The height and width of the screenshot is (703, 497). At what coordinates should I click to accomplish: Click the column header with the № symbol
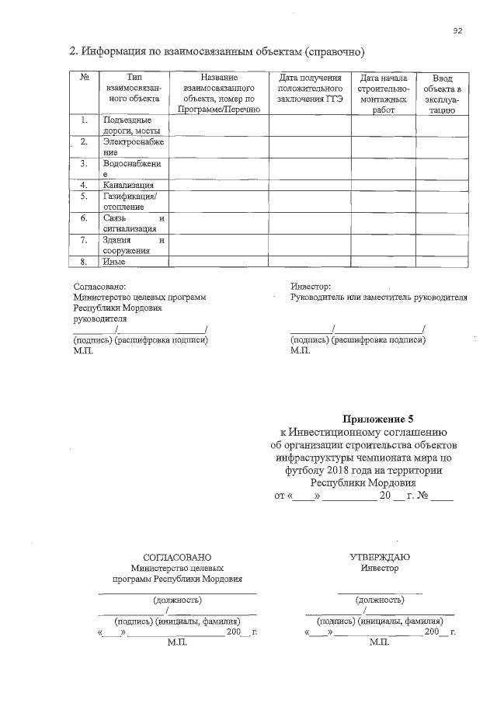[x=83, y=78]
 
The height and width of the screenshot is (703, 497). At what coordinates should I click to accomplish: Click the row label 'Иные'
[x=114, y=262]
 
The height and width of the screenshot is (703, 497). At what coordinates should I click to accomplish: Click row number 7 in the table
[x=83, y=240]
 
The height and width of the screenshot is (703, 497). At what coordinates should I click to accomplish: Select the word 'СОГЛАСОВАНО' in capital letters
[x=177, y=557]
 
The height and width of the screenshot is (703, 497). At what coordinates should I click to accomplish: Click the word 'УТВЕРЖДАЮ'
[x=380, y=557]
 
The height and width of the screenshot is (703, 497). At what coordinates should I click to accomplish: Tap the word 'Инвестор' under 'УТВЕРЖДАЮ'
[x=380, y=568]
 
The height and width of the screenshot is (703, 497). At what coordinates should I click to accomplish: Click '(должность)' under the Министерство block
[x=177, y=600]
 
